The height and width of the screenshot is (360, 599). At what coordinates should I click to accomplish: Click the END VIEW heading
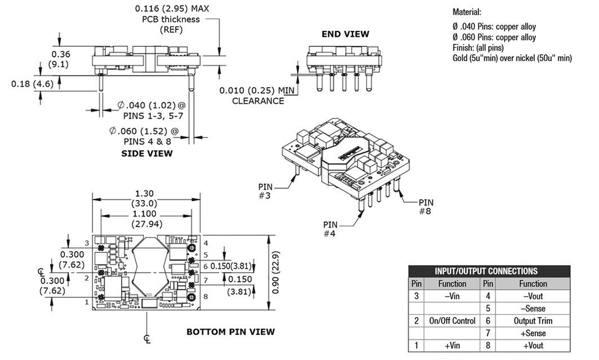(x=345, y=34)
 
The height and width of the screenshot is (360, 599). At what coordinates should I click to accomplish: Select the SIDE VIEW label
(x=147, y=153)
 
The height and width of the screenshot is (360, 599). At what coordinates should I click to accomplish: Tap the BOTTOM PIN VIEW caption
(x=230, y=332)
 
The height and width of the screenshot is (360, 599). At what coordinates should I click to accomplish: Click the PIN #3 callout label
(x=266, y=191)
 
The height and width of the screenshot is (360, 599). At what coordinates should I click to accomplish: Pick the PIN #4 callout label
(x=331, y=229)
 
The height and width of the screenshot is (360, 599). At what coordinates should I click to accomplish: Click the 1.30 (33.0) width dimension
(x=146, y=198)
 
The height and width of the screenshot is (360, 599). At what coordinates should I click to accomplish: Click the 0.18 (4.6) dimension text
(x=32, y=84)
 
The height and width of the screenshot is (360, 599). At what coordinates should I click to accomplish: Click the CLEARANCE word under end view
(x=258, y=101)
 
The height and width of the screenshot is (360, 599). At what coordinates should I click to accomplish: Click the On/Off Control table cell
(x=452, y=321)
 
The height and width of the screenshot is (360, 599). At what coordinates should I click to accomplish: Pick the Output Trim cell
(x=532, y=321)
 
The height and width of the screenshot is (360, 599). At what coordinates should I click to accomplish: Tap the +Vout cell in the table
(x=532, y=345)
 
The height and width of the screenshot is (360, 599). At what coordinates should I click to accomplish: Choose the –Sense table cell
(x=532, y=308)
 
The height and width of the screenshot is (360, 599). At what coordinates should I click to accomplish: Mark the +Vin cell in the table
(x=452, y=345)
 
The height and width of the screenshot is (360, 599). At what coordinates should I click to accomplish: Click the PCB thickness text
(x=171, y=19)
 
